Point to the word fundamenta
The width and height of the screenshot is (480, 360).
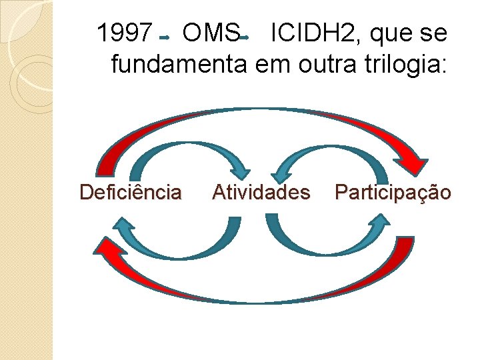pyautogui.click(x=177, y=65)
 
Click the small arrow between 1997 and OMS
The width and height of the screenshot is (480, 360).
pyautogui.click(x=165, y=37)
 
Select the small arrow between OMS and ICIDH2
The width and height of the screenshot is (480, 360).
pyautogui.click(x=244, y=37)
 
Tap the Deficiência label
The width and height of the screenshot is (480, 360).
pyautogui.click(x=130, y=193)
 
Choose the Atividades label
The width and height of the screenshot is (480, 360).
pyautogui.click(x=261, y=193)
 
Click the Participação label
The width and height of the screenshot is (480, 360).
pyautogui.click(x=393, y=193)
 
